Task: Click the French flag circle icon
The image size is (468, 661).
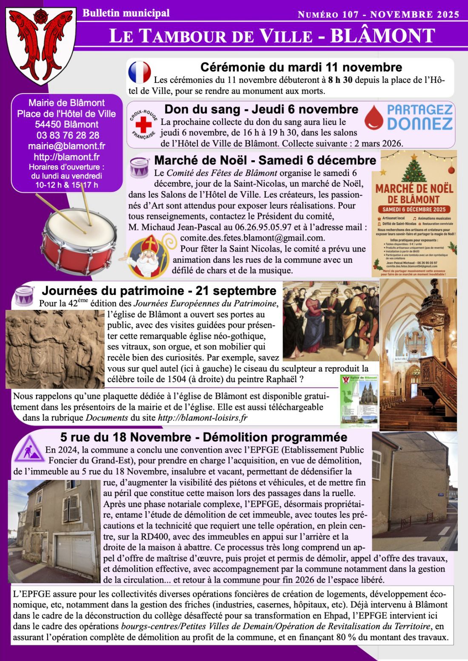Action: pyautogui.click(x=140, y=72)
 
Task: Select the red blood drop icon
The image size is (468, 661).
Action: pyautogui.click(x=374, y=118)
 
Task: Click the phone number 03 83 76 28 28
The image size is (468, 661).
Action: pyautogui.click(x=67, y=135)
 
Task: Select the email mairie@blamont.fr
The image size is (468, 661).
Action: pyautogui.click(x=67, y=146)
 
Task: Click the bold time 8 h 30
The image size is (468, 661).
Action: pyautogui.click(x=340, y=80)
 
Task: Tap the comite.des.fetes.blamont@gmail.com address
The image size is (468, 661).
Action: pyautogui.click(x=252, y=238)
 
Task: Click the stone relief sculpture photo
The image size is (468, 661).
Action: pyautogui.click(x=55, y=349)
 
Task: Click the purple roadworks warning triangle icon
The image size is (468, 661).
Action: pyautogui.click(x=29, y=449)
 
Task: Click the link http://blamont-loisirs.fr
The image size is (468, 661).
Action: pyautogui.click(x=202, y=418)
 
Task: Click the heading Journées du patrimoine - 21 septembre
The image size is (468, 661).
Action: pyautogui.click(x=159, y=291)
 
